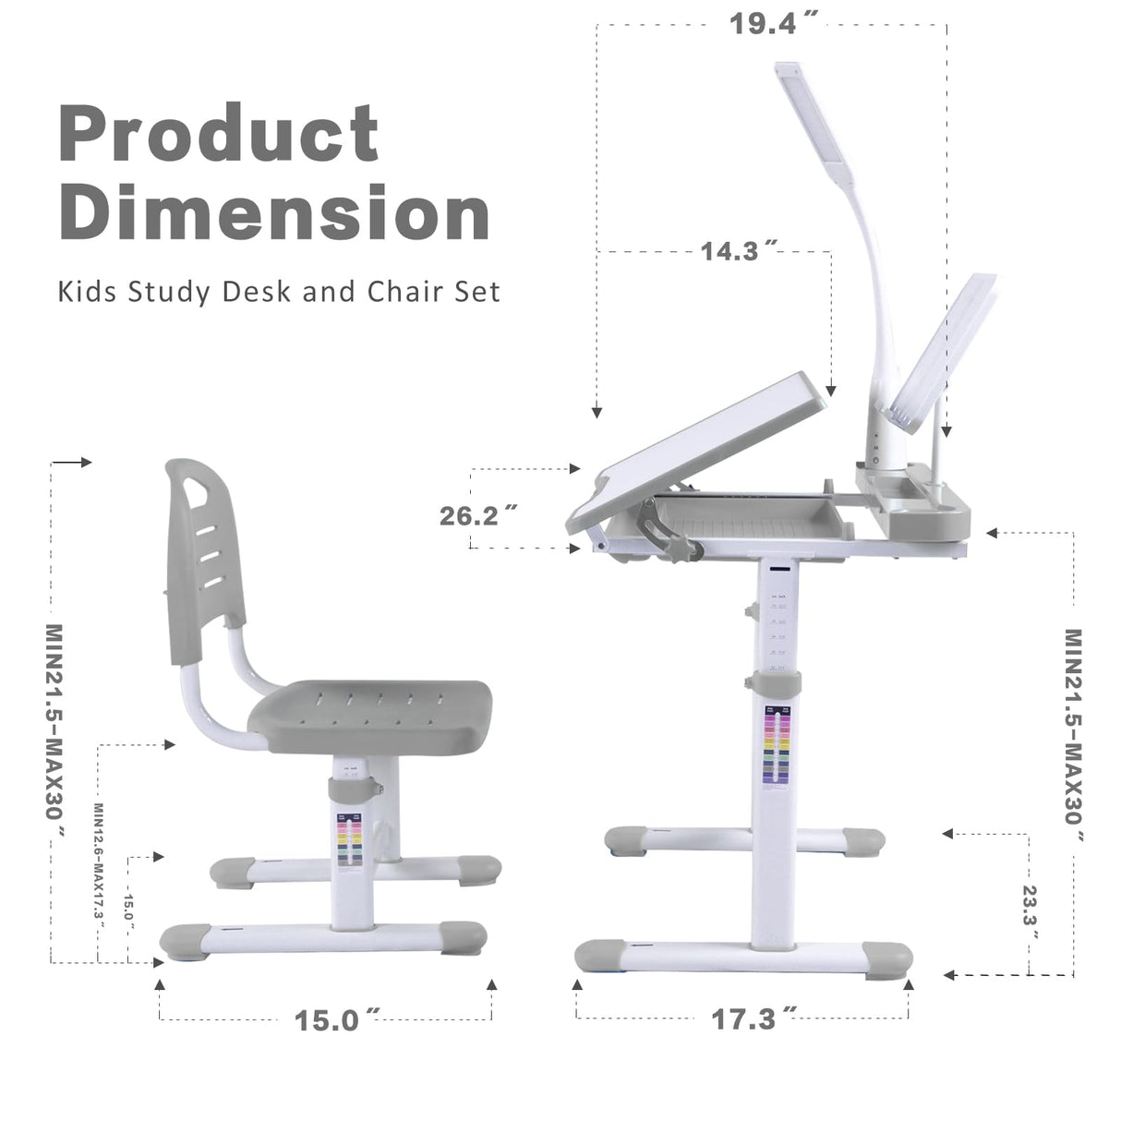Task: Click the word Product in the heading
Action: [x=219, y=133]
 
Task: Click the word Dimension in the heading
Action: [x=274, y=211]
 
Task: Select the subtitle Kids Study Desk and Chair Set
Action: [x=279, y=292]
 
